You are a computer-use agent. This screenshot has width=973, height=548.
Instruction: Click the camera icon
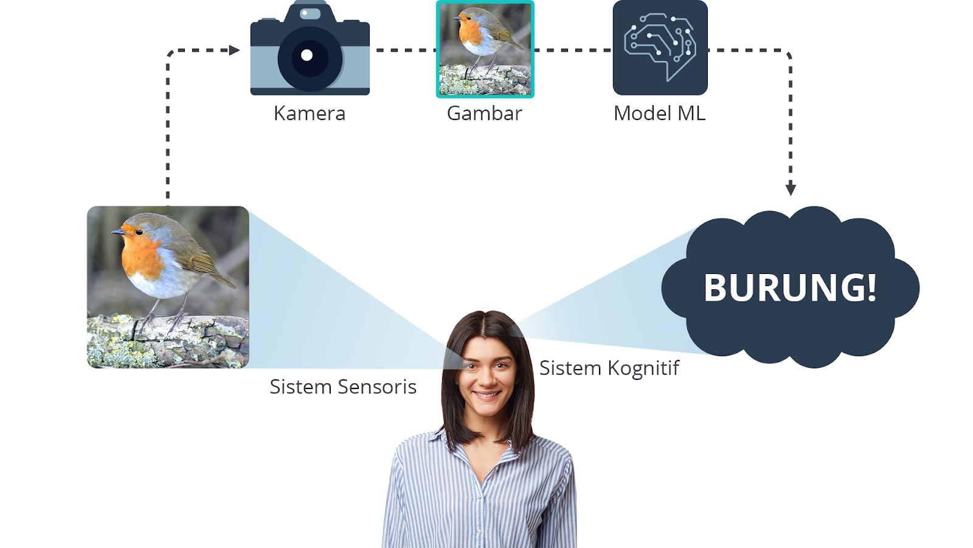pyautogui.click(x=310, y=47)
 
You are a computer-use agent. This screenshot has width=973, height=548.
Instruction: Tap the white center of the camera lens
pyautogui.click(x=306, y=55)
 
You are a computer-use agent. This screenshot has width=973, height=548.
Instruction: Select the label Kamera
pyautogui.click(x=310, y=113)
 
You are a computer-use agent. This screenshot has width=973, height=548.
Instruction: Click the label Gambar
pyautogui.click(x=484, y=113)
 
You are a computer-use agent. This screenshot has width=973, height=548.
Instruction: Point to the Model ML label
pyautogui.click(x=659, y=113)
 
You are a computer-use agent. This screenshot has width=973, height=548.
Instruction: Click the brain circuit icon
pyautogui.click(x=660, y=47)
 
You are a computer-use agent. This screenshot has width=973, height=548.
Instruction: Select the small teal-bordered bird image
pyautogui.click(x=485, y=49)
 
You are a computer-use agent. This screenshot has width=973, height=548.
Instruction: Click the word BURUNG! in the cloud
pyautogui.click(x=790, y=287)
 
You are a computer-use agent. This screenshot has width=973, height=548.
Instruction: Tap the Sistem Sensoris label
pyautogui.click(x=343, y=387)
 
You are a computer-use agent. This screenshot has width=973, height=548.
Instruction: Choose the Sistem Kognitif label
pyautogui.click(x=609, y=368)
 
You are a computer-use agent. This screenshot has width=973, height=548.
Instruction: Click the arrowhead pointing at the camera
pyautogui.click(x=235, y=51)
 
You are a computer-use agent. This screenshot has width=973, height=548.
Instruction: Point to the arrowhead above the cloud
pyautogui.click(x=791, y=189)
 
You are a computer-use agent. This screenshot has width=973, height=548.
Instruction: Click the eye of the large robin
pyautogui.click(x=139, y=232)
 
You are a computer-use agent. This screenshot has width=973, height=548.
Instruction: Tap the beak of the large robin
pyautogui.click(x=118, y=232)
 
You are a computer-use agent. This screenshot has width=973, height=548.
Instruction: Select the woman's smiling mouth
pyautogui.click(x=486, y=395)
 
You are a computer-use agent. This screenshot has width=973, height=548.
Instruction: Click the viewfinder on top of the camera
pyautogui.click(x=310, y=13)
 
